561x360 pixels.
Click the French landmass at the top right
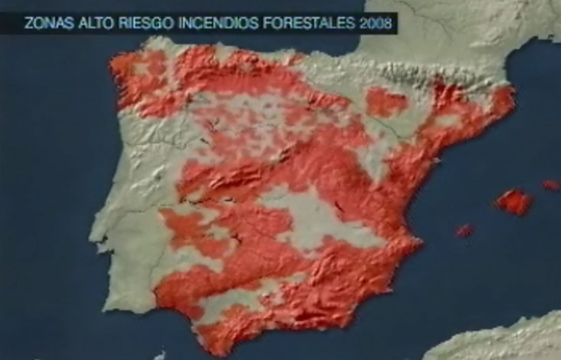click(x=456, y=28)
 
